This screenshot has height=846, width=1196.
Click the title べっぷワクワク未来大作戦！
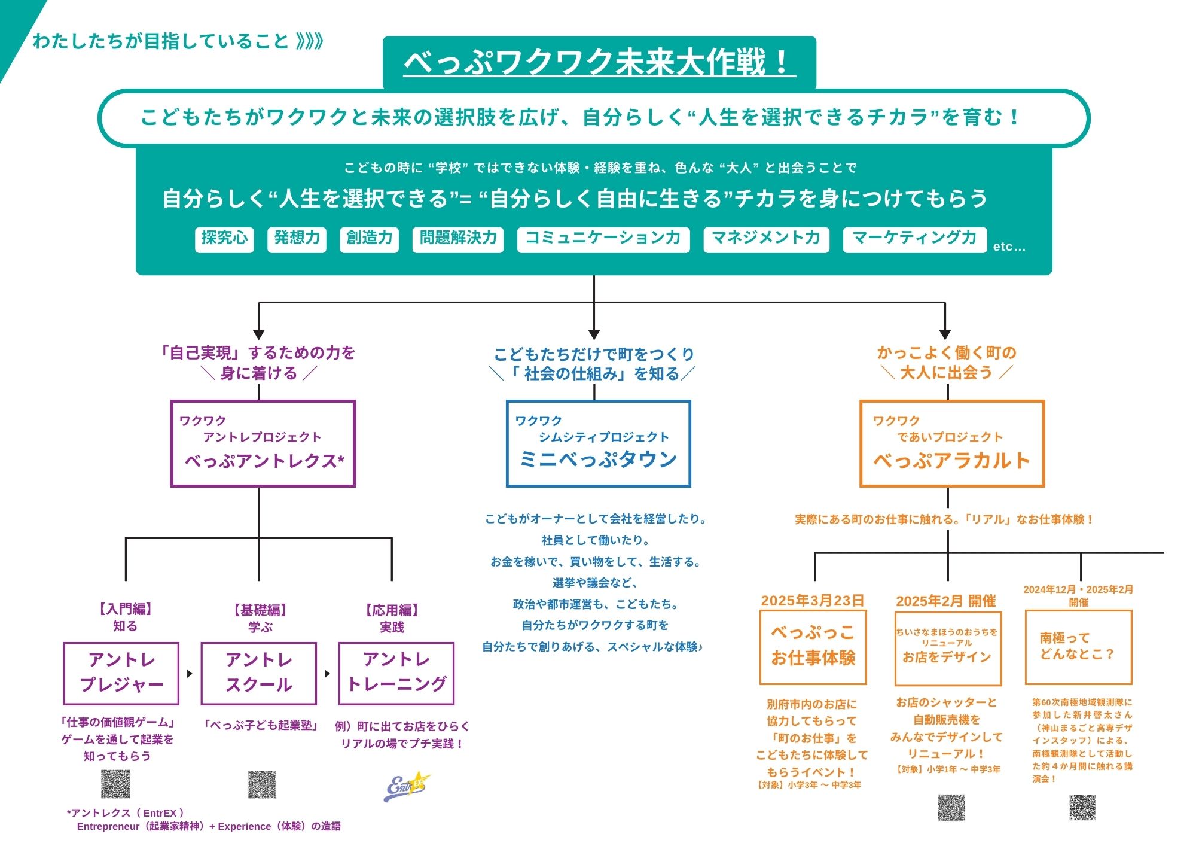coord(599,62)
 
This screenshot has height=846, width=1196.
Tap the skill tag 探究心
coord(224,239)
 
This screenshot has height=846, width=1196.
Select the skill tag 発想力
coord(297,239)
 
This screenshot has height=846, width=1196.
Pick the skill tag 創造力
coord(369,239)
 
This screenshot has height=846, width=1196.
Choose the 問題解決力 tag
coord(458,239)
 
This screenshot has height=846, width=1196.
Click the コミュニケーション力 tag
coord(603,239)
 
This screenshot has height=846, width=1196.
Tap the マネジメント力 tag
coord(766,239)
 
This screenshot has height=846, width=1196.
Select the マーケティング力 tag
coord(914,239)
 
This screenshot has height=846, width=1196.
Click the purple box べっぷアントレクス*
coord(263,443)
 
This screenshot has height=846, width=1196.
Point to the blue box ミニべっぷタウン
coord(598,443)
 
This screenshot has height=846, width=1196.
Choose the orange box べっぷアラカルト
coord(951,443)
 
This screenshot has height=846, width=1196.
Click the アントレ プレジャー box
coord(121,673)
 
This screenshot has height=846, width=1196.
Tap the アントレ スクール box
coord(259,673)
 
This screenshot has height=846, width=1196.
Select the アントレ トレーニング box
coord(396,673)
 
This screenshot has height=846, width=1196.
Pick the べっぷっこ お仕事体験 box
coord(813,647)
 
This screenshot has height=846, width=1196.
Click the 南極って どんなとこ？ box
coord(1078,647)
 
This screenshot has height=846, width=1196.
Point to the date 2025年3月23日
coord(812,601)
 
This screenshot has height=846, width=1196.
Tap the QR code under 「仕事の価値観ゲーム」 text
coord(115,784)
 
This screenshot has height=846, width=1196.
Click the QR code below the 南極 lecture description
coord(1082,807)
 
